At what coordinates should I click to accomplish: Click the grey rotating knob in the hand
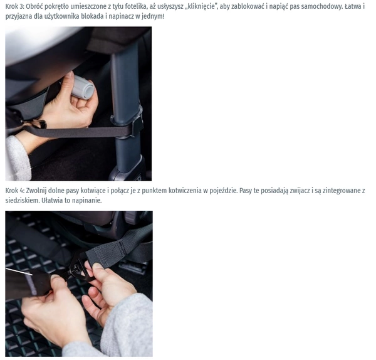click(83, 86)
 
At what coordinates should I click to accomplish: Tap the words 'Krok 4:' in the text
click(15, 191)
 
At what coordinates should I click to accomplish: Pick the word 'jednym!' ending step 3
click(155, 16)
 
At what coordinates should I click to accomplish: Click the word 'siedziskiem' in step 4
click(23, 201)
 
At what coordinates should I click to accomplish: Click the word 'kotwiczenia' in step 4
click(185, 191)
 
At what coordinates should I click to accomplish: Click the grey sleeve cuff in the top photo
click(18, 159)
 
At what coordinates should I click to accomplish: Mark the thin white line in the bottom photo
click(19, 272)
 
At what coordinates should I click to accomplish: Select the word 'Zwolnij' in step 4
click(36, 191)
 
